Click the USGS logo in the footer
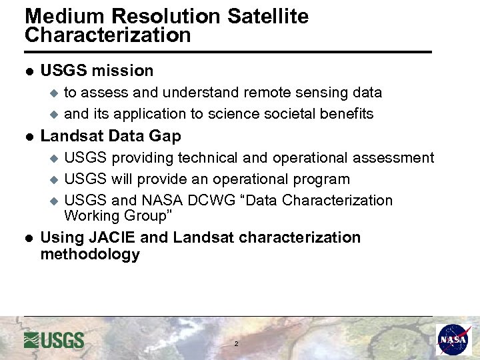tap(54, 340)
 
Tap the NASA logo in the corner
tap(453, 340)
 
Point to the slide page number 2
tap(236, 344)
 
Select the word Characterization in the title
tap(108, 35)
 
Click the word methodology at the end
tap(90, 254)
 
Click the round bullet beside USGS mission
tap(29, 71)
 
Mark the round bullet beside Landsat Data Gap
tap(29, 136)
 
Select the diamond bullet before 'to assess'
tap(55, 93)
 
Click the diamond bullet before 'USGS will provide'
tap(55, 180)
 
